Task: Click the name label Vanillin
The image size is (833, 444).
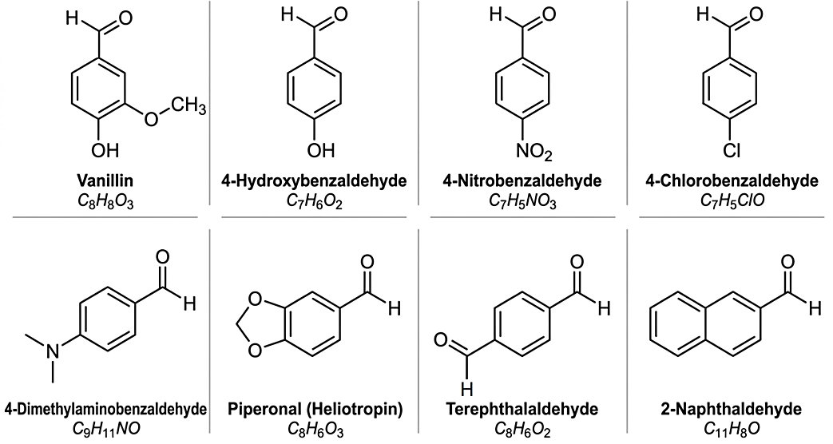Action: tap(105, 181)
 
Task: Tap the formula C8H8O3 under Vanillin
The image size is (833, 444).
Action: tap(105, 201)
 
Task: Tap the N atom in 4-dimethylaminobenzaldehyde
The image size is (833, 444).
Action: tap(52, 351)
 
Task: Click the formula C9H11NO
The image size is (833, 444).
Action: tap(105, 429)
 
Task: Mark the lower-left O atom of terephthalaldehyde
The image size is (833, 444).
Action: tap(442, 339)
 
